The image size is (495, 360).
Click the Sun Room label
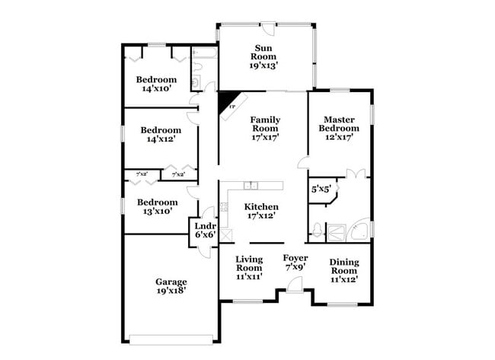(x=263, y=58)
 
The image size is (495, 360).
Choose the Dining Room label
(x=343, y=271)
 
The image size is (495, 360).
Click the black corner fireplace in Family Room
(x=227, y=101)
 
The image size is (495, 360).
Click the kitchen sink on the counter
(x=252, y=186)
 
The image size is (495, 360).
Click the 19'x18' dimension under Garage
(x=171, y=291)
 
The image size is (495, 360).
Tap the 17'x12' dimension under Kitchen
(x=261, y=215)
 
